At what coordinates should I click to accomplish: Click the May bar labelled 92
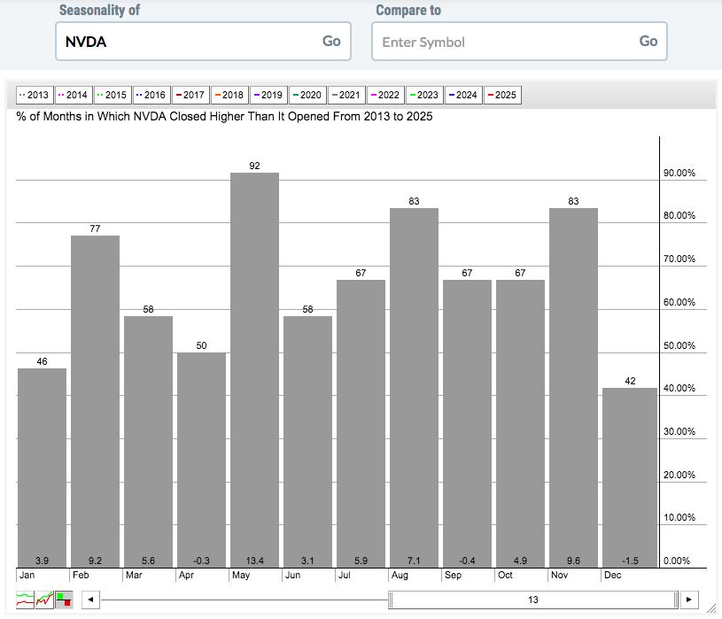pyautogui.click(x=254, y=370)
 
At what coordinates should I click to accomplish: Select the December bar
pyautogui.click(x=630, y=477)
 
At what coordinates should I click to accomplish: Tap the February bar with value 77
pyautogui.click(x=96, y=402)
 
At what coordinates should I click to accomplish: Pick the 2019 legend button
pyautogui.click(x=268, y=96)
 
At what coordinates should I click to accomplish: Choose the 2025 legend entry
pyautogui.click(x=502, y=96)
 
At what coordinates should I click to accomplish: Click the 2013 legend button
pyautogui.click(x=35, y=96)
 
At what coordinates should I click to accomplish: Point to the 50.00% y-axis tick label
pyautogui.click(x=679, y=345)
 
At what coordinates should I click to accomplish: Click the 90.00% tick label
pyautogui.click(x=679, y=173)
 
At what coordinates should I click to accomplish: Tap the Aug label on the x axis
pyautogui.click(x=400, y=575)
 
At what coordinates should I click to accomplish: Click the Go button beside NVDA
pyautogui.click(x=331, y=41)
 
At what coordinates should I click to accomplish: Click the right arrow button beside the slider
pyautogui.click(x=689, y=600)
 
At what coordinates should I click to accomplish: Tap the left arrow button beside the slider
pyautogui.click(x=90, y=600)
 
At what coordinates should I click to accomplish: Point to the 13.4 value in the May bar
pyautogui.click(x=254, y=561)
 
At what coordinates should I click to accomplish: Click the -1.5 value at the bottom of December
pyautogui.click(x=630, y=561)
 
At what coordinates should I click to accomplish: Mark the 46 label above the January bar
pyautogui.click(x=42, y=361)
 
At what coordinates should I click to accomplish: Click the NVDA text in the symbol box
pyautogui.click(x=86, y=42)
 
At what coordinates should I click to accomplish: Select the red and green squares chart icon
pyautogui.click(x=64, y=600)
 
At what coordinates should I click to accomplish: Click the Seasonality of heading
pyautogui.click(x=99, y=10)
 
